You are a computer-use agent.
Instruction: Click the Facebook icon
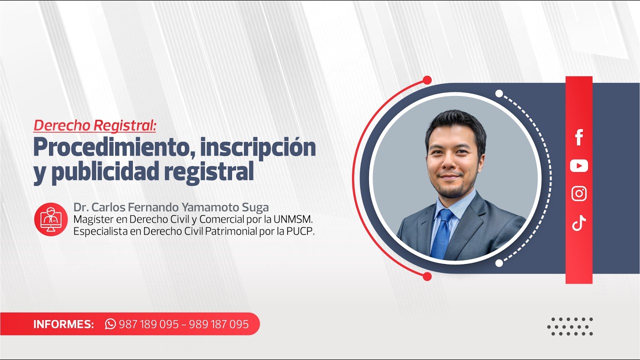pos(579,137)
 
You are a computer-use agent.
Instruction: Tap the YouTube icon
pos(579,165)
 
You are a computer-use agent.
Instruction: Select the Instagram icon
pos(579,193)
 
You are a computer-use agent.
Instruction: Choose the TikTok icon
pos(579,222)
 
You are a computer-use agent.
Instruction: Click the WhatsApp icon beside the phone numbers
pos(110,324)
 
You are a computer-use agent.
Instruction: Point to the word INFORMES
pos(63,324)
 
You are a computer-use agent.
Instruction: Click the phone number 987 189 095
pos(148,324)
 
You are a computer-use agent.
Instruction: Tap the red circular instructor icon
pos(51,219)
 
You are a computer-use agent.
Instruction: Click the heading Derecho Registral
pos(95,125)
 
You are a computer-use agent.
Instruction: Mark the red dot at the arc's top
pos(427,80)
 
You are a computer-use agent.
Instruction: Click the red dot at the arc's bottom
pos(427,276)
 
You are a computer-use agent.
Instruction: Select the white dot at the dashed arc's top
pos(499,93)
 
